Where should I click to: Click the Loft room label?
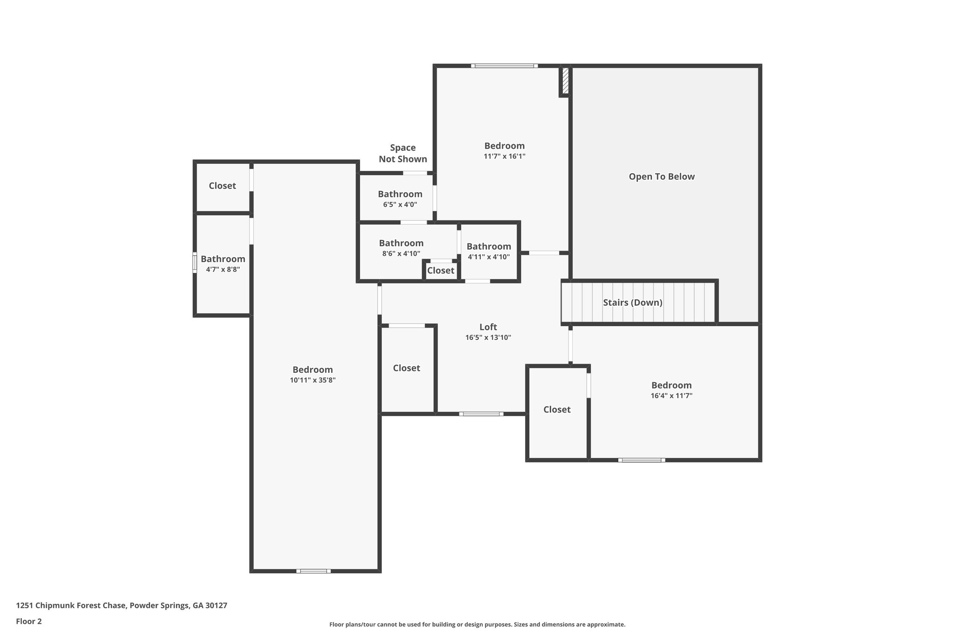coord(488,327)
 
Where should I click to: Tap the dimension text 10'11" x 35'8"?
coord(312,380)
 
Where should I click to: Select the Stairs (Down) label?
coord(632,302)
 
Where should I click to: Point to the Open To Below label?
coord(661,177)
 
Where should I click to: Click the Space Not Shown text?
coord(402,154)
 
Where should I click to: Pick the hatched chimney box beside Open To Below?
coord(565,81)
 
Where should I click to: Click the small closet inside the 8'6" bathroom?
coord(440,271)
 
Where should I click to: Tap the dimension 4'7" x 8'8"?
coord(223,269)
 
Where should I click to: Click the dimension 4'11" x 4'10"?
coord(488,257)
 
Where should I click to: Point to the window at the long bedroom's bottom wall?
coord(313,571)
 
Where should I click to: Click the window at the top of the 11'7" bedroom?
coord(504,66)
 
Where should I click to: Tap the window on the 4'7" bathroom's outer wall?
coord(195,262)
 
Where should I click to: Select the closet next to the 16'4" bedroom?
coord(557,410)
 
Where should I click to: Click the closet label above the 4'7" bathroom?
coord(222,186)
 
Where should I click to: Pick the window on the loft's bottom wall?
coord(481,414)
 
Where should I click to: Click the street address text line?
coord(121,606)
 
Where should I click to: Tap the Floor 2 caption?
coord(28,621)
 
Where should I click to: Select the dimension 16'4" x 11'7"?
coord(671,396)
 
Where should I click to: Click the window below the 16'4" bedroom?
coord(641,460)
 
